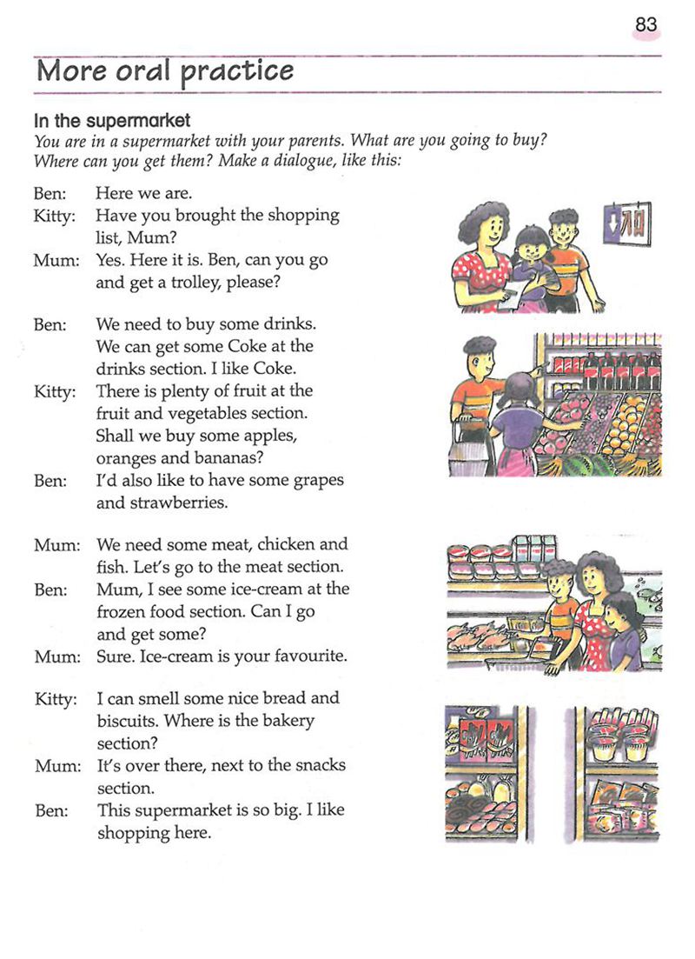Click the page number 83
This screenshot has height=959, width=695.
click(645, 25)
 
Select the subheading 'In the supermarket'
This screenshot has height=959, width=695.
click(112, 121)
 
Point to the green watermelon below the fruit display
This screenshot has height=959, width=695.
click(581, 466)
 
